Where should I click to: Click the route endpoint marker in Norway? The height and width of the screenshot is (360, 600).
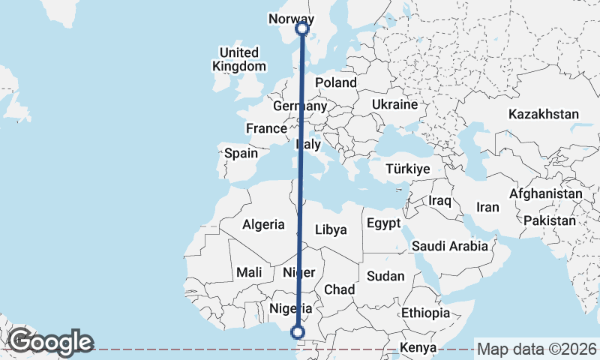pos(302,28)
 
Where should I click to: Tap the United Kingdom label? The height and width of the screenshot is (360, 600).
pos(239,59)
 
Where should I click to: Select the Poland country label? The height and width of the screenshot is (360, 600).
pos(335,82)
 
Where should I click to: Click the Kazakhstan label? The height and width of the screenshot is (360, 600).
pos(544,115)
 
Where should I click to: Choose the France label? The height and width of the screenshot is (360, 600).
pos(266,128)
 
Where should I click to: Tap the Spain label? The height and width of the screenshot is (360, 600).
pos(241,154)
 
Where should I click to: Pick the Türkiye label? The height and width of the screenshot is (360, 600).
pos(407,169)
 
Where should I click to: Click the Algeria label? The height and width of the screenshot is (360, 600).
pos(263,224)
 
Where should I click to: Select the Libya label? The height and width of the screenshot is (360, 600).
pos(331,229)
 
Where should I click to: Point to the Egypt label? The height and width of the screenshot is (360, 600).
pos(385,224)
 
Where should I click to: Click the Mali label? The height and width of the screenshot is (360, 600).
pos(248,273)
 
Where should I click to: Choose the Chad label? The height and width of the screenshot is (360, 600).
pos(339,289)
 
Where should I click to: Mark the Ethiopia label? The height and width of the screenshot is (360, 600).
pos(425,313)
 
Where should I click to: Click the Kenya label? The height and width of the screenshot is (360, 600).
pos(418,348)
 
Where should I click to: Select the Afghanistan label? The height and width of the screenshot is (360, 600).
pos(545,193)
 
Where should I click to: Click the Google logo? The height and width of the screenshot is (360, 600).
pos(50,342)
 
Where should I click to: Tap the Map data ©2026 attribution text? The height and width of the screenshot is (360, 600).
pos(537,349)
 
